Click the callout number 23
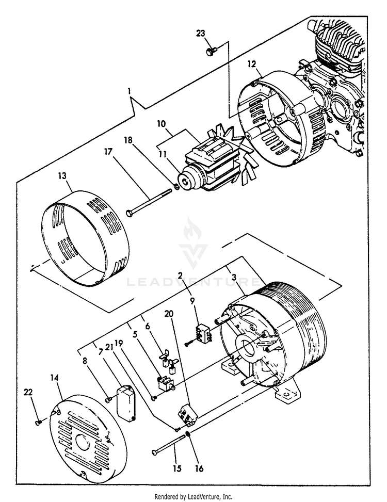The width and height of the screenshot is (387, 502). (201, 34)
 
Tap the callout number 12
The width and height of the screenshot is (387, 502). (251, 64)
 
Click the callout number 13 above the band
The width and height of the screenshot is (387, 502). (62, 175)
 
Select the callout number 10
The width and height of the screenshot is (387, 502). (161, 124)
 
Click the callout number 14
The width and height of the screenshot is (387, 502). (55, 378)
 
